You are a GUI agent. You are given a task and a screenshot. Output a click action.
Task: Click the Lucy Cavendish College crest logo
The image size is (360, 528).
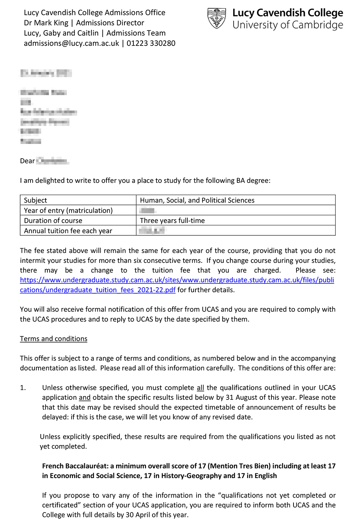point(217,18)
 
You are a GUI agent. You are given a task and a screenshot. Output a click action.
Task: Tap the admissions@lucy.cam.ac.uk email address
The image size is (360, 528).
point(72,43)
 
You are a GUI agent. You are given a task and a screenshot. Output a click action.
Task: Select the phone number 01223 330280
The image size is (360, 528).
point(151,43)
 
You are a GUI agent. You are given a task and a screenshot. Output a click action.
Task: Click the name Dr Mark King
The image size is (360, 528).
point(46,23)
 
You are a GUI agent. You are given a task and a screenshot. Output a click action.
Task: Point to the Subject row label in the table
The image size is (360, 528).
point(36,200)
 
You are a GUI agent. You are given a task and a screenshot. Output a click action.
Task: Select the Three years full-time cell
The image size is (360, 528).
point(172,221)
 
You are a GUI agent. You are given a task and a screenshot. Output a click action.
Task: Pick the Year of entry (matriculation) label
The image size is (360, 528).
point(68,210)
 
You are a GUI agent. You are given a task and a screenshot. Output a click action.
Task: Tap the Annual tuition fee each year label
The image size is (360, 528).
point(68,231)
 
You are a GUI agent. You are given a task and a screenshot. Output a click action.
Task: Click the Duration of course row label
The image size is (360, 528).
point(53,221)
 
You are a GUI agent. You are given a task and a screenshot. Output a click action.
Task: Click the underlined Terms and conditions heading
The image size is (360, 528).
point(54,339)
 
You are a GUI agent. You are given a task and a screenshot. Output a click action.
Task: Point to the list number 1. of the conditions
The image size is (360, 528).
point(23,388)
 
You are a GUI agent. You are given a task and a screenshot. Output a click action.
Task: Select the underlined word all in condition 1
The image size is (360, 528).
point(200,388)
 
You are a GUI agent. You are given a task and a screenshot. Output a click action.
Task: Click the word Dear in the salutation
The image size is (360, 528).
point(28,161)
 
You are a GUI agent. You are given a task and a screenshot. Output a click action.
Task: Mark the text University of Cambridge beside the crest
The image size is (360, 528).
point(288,25)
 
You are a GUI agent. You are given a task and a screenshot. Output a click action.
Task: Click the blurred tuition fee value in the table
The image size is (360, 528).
point(152,231)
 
